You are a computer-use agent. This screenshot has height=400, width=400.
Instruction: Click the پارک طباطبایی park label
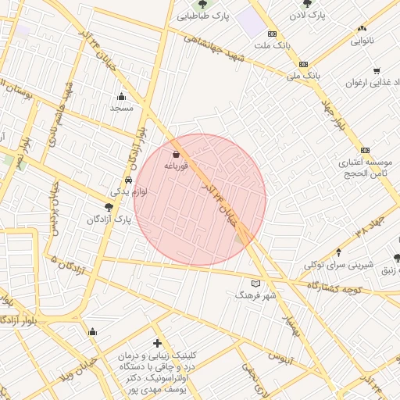pos(202,15)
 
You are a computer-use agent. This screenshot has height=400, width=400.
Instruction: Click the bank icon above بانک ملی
pos(303,64)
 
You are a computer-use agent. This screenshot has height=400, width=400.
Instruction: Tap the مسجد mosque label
pos(121,107)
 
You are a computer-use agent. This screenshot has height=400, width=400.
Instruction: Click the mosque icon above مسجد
pos(121,96)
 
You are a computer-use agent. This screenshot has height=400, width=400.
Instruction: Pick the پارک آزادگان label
pos(109,220)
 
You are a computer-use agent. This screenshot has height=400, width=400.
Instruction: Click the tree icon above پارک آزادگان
pos(108,208)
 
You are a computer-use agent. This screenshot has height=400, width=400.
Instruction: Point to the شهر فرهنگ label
pos(256,295)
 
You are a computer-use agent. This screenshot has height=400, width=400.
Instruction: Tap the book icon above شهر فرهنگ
pos(256,284)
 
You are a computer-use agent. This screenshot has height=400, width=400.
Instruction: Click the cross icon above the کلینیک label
pos(158,343)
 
